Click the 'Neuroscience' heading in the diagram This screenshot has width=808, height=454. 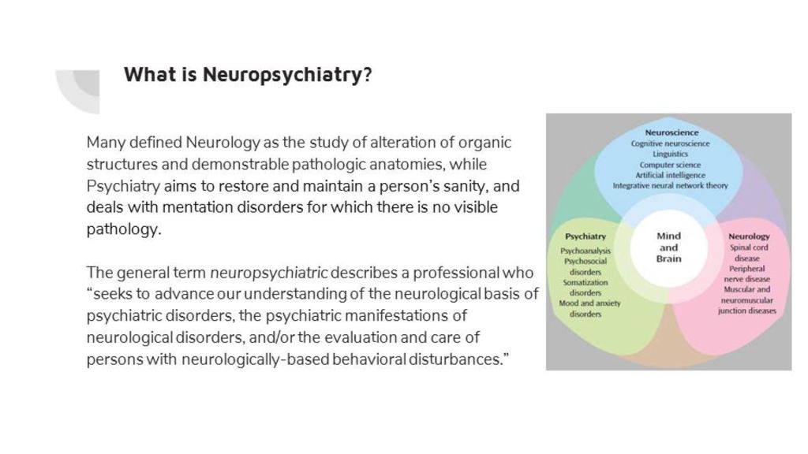point(671,132)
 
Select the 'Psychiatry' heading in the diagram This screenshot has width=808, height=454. point(585,236)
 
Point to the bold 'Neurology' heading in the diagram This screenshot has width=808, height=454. point(749,236)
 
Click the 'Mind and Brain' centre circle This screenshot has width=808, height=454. point(668,247)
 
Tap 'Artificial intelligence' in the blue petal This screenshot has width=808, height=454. point(671,175)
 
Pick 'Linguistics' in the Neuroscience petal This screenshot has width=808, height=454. point(671,154)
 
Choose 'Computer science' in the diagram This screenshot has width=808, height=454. point(671,165)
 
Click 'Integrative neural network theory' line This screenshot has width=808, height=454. point(671,186)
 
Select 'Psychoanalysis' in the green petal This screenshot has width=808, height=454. point(585,251)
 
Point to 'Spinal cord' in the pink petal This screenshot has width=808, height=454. point(748,247)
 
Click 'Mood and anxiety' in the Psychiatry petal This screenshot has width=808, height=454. point(585,303)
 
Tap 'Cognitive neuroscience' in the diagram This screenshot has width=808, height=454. point(671,143)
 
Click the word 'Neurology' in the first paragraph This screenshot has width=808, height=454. point(223,143)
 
